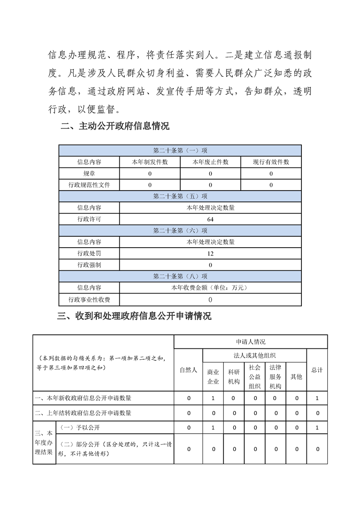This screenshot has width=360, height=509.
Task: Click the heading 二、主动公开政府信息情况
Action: pyautogui.click(x=115, y=127)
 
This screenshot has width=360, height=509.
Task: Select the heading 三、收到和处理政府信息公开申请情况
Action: pyautogui.click(x=134, y=316)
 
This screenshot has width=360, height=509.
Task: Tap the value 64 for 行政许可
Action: pyautogui.click(x=210, y=219)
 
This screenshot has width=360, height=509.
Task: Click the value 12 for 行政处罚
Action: pyautogui.click(x=210, y=254)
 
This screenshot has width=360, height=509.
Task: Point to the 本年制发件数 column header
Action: pyautogui.click(x=150, y=162)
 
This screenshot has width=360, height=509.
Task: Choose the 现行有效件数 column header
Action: pyautogui.click(x=271, y=162)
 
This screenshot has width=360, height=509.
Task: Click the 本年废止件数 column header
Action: pyautogui.click(x=211, y=162)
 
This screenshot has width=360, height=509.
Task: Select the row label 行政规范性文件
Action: pyautogui.click(x=89, y=185)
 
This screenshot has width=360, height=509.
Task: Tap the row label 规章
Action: pyautogui.click(x=89, y=173)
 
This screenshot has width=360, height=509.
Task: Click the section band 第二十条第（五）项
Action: pyautogui.click(x=180, y=196)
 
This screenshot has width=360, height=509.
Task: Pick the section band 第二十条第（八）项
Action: pyautogui.click(x=180, y=276)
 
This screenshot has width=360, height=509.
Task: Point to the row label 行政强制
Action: pyautogui.click(x=89, y=265)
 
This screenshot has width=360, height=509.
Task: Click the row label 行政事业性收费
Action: pyautogui.click(x=89, y=299)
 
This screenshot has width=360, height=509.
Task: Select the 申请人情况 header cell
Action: pyautogui.click(x=251, y=342)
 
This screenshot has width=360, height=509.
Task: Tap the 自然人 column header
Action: pyautogui.click(x=188, y=370)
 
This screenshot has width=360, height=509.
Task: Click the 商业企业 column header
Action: pyautogui.click(x=213, y=377)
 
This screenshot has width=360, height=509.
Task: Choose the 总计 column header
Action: pyautogui.click(x=317, y=370)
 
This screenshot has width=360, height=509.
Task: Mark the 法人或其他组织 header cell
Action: pyautogui.click(x=255, y=355)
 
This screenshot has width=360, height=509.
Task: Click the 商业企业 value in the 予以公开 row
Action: pyautogui.click(x=213, y=428)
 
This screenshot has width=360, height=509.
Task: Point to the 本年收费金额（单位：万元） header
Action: pyautogui.click(x=210, y=288)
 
